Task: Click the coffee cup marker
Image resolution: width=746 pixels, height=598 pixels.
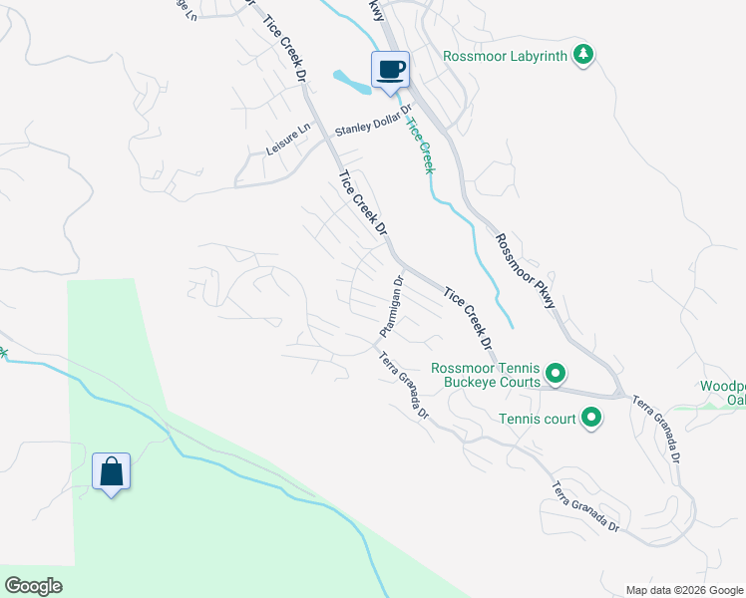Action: [x=390, y=71]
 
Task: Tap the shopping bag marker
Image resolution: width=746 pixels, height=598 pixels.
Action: [x=111, y=472]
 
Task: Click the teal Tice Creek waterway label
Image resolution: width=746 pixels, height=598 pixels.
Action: [x=419, y=144]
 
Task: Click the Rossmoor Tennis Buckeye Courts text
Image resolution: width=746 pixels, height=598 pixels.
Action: [x=486, y=374]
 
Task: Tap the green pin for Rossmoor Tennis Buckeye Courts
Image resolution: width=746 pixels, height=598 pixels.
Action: [x=557, y=375]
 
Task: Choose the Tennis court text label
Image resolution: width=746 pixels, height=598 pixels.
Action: [x=538, y=419]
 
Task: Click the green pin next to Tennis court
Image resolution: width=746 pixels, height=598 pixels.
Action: [x=591, y=419]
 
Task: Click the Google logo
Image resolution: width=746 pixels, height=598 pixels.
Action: [x=33, y=586]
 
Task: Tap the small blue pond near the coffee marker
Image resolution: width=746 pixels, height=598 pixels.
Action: [x=351, y=82]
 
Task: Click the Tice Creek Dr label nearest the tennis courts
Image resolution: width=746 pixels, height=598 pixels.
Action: [x=469, y=318]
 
